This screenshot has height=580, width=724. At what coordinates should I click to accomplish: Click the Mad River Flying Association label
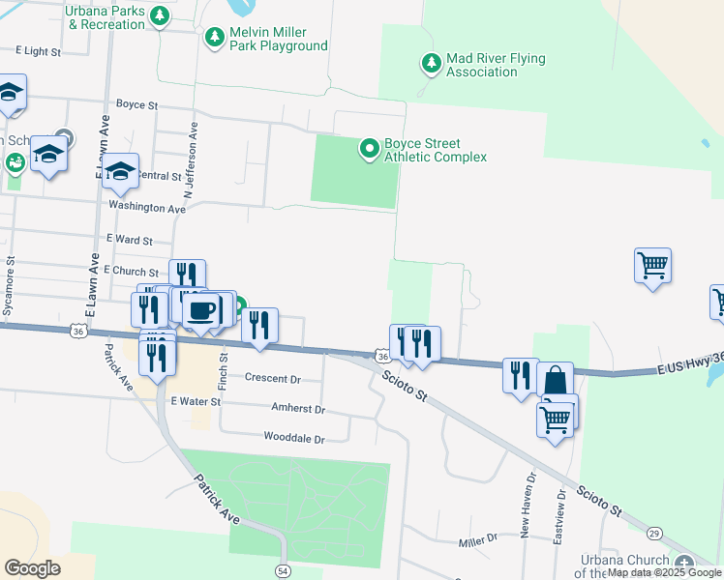(496, 66)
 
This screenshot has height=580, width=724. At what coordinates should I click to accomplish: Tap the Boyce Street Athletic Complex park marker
(369, 149)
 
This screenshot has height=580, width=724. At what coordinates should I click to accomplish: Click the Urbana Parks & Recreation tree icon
(161, 15)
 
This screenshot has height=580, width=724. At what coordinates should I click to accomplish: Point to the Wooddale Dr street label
(294, 438)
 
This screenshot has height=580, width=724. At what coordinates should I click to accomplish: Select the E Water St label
(196, 400)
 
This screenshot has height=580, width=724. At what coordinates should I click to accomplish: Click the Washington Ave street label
(146, 207)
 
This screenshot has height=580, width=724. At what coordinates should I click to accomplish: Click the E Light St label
(40, 50)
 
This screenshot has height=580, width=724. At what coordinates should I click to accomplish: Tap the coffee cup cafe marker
(202, 310)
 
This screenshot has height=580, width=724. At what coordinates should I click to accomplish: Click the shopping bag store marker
(555, 380)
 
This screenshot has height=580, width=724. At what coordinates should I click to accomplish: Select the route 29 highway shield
(655, 533)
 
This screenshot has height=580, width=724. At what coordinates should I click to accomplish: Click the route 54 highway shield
(282, 571)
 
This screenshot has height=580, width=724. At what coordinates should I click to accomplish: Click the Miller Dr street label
(477, 537)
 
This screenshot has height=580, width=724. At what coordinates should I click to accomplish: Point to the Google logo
(32, 568)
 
